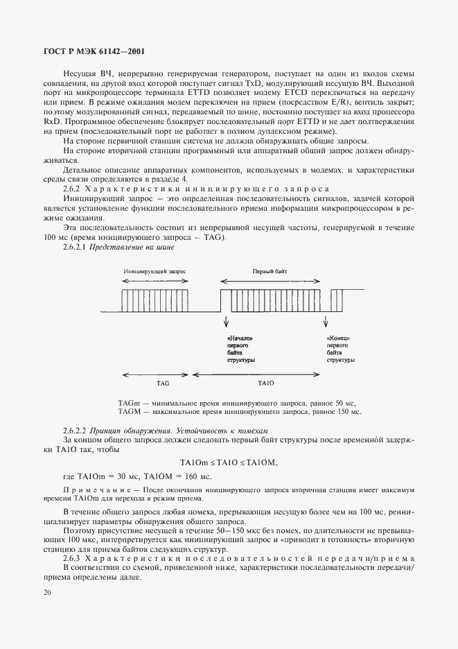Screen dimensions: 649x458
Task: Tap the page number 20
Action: coord(46,592)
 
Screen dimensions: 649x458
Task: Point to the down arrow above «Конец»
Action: coord(326,321)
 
